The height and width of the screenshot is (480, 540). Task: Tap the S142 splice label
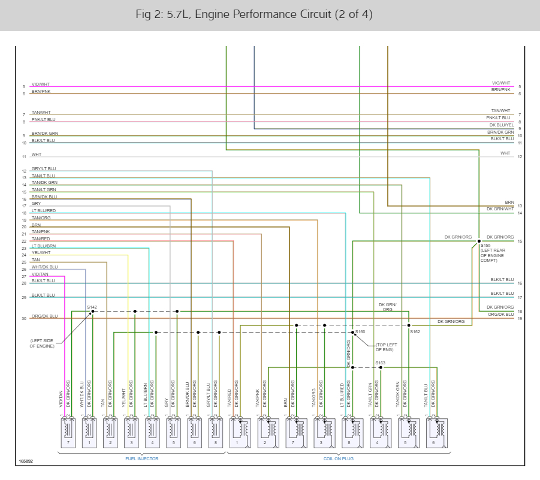(92, 307)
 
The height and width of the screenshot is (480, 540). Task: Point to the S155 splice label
(485, 246)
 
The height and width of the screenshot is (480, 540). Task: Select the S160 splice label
(360, 331)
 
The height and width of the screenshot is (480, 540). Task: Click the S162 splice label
(415, 331)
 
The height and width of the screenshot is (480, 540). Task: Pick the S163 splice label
(381, 363)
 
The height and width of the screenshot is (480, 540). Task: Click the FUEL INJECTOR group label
(141, 458)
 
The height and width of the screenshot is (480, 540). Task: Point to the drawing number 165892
(26, 461)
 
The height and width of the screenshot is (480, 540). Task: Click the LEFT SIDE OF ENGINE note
(42, 343)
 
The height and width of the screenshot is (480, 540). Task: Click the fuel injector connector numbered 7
(68, 432)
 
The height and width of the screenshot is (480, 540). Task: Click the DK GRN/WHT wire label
(500, 209)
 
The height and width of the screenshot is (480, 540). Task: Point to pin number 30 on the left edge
(24, 318)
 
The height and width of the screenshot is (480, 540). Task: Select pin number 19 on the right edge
(520, 318)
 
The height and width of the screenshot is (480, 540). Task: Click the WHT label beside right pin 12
(505, 153)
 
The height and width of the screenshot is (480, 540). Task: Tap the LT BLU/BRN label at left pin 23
(44, 246)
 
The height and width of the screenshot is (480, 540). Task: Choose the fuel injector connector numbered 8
(215, 432)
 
